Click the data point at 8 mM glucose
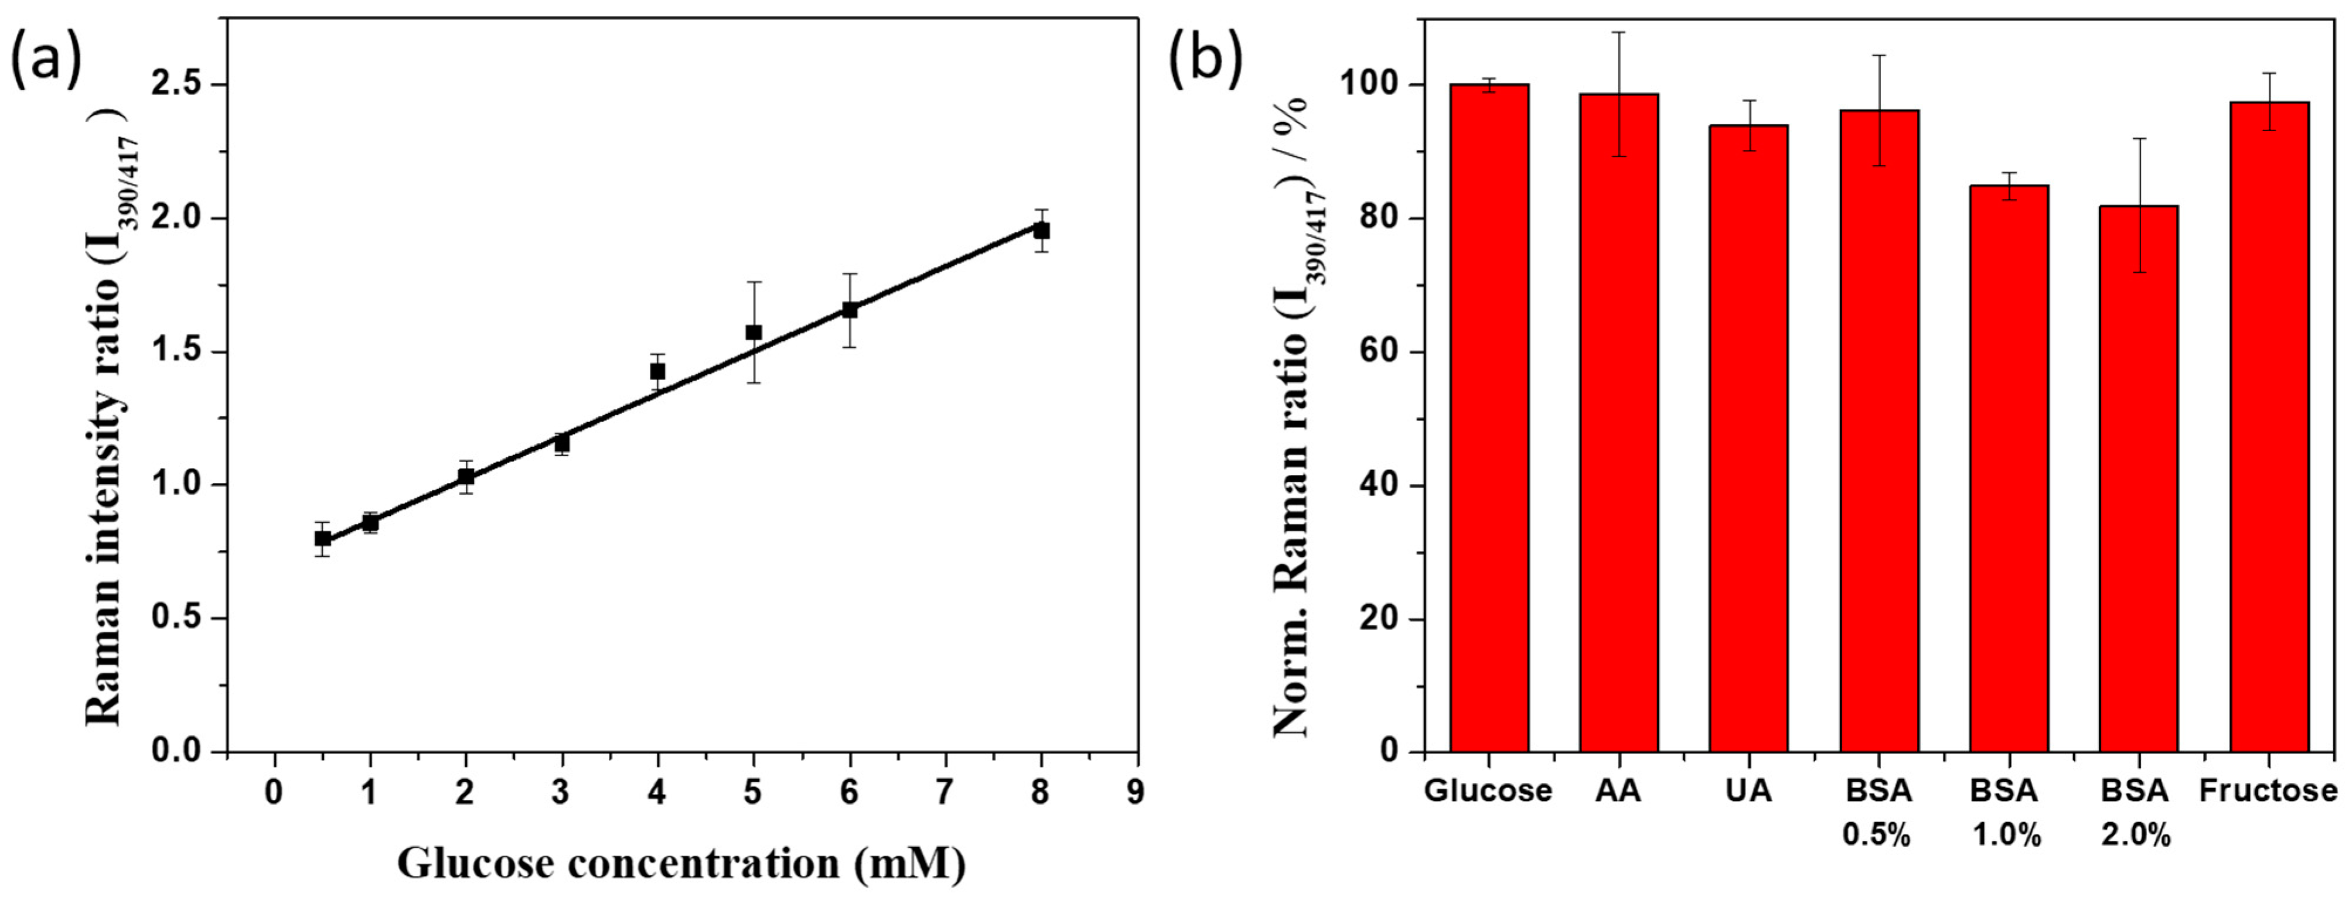(x=1041, y=231)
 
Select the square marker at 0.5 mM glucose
(x=322, y=539)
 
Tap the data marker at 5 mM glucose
(x=753, y=332)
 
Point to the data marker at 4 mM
(x=657, y=371)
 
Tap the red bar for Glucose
(x=1489, y=419)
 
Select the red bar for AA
(x=1618, y=424)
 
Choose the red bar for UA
(x=1748, y=437)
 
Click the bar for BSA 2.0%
(x=2137, y=478)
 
